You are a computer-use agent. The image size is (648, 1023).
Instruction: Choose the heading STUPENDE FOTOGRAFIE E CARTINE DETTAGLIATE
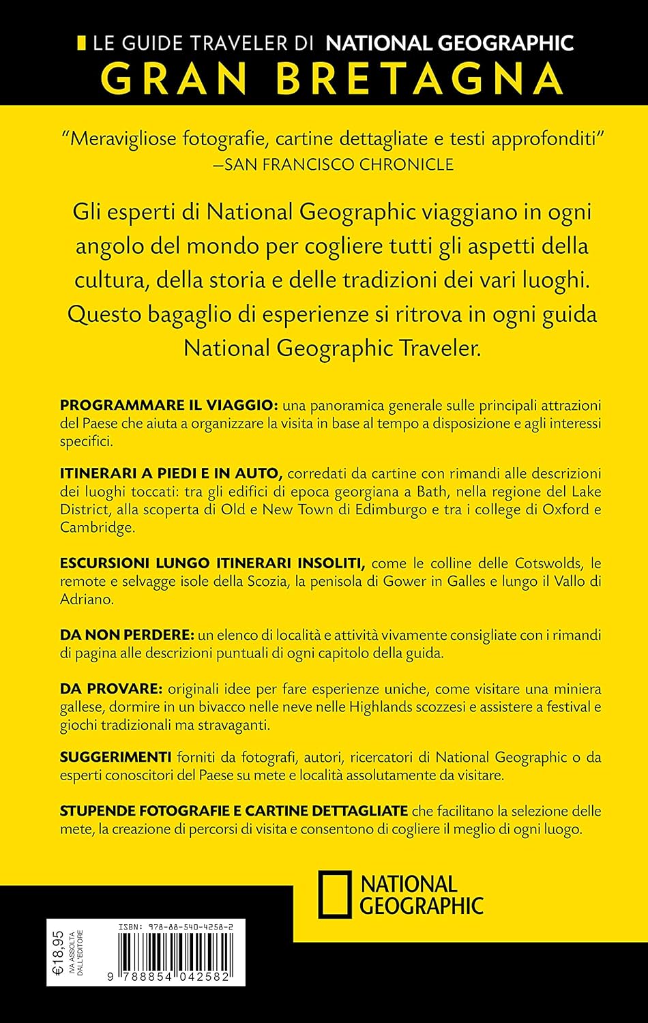click(234, 812)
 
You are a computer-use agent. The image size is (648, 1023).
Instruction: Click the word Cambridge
click(88, 527)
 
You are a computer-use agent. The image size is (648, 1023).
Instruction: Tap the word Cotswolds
click(545, 563)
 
